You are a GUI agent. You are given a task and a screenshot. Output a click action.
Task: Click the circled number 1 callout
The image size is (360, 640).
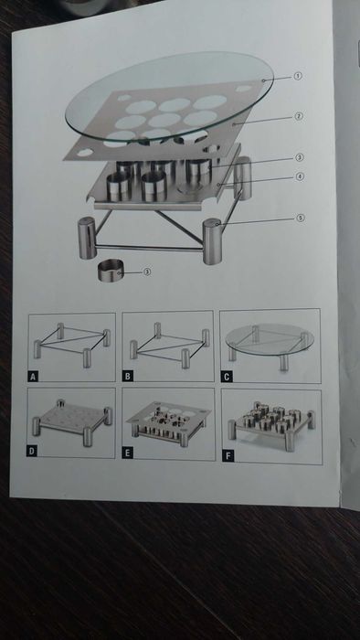[x=298, y=76]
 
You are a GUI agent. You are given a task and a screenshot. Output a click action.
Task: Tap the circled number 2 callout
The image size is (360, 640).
[x=299, y=117]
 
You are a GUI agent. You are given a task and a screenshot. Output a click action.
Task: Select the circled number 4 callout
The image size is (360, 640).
[x=300, y=176]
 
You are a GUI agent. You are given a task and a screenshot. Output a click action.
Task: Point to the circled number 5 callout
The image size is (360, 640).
[x=301, y=219]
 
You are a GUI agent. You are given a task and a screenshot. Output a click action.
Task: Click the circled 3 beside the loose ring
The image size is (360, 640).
[x=147, y=272]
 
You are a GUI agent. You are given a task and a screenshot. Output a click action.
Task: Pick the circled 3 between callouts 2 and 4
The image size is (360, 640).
[x=300, y=157]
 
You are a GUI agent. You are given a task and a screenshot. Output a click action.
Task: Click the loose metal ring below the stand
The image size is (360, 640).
[x=111, y=270]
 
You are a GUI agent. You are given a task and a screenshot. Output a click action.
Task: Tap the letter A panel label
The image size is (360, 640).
[x=34, y=377]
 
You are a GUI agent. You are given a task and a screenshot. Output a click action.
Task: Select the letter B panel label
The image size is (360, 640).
[x=128, y=376]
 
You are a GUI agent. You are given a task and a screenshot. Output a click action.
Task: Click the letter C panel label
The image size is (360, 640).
[x=227, y=377]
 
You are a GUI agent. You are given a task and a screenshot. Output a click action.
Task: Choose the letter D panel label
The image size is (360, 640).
[x=32, y=451]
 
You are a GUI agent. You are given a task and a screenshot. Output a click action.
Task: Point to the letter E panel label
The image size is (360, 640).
[x=127, y=453]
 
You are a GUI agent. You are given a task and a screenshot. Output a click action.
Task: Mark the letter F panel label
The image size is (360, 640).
[x=228, y=456]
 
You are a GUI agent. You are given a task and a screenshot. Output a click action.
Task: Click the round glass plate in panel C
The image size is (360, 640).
[x=270, y=339]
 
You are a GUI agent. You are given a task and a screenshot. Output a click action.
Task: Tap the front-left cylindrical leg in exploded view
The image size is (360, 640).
[x=87, y=238]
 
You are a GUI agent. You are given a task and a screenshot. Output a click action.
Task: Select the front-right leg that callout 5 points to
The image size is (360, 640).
[x=212, y=241]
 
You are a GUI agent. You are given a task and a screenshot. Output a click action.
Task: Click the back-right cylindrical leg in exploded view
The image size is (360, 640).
[x=243, y=178]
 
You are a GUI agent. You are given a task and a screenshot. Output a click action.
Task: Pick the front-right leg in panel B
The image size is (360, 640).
[x=185, y=358]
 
